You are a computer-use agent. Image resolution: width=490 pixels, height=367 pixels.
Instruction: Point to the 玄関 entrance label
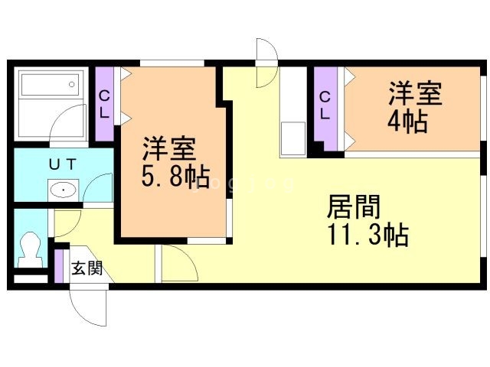pos(87,268)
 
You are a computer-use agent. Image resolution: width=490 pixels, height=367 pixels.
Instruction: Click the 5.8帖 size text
pos(175,176)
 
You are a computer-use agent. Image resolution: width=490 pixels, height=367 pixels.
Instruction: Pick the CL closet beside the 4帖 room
pos(325,107)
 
